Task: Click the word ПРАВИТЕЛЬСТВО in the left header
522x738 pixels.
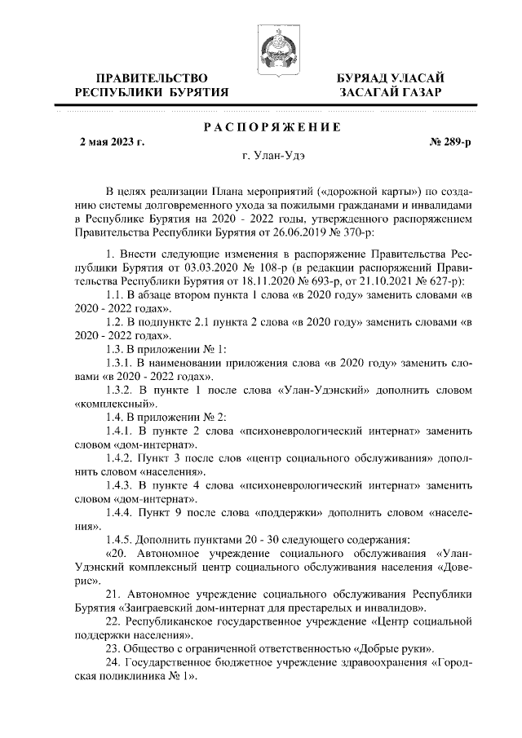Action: coord(151,77)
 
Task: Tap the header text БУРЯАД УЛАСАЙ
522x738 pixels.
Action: coord(391,77)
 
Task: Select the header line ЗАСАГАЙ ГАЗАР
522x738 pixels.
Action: coord(391,92)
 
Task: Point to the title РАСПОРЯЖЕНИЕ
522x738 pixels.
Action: coord(271,126)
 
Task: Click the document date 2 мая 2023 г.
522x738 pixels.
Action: coord(112,142)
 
